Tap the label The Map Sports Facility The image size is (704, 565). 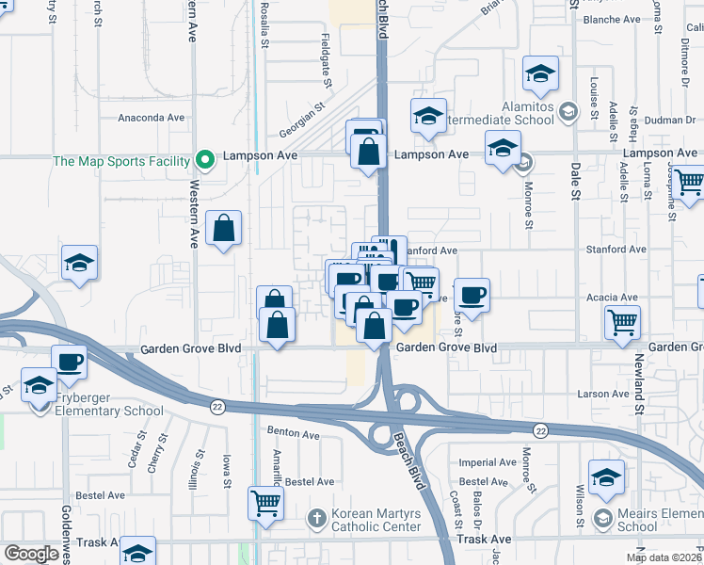[121, 161]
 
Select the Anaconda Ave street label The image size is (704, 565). [151, 118]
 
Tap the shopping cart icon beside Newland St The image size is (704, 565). [623, 322]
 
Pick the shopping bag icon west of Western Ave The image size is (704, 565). [223, 228]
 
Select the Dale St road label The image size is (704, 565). [575, 179]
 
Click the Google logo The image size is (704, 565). [32, 554]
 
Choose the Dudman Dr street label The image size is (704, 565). [669, 120]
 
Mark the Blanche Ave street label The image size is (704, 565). [612, 19]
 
